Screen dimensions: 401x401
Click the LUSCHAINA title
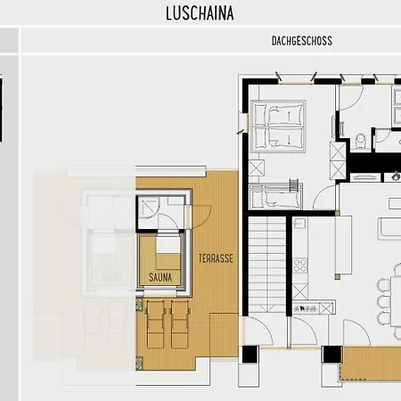click(x=200, y=13)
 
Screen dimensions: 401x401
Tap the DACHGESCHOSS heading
click(x=302, y=41)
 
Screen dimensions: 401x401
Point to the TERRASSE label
click(x=216, y=258)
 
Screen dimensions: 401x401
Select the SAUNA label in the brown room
click(x=160, y=277)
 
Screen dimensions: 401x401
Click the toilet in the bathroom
click(x=361, y=142)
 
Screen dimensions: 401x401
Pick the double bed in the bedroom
click(x=278, y=127)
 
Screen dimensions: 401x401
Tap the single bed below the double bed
click(x=275, y=196)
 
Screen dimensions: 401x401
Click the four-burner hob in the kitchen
click(x=300, y=266)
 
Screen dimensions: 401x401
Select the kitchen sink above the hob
click(x=299, y=224)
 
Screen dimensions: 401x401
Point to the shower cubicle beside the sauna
click(x=149, y=208)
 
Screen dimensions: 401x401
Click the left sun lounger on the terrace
click(x=155, y=324)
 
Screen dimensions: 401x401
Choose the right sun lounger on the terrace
click(x=180, y=324)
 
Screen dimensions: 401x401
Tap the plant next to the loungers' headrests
click(x=139, y=305)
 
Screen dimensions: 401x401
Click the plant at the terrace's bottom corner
click(x=139, y=364)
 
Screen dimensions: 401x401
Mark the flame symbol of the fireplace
click(x=396, y=176)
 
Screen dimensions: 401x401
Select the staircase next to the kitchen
click(x=267, y=265)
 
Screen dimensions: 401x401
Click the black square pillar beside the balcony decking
click(x=332, y=355)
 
